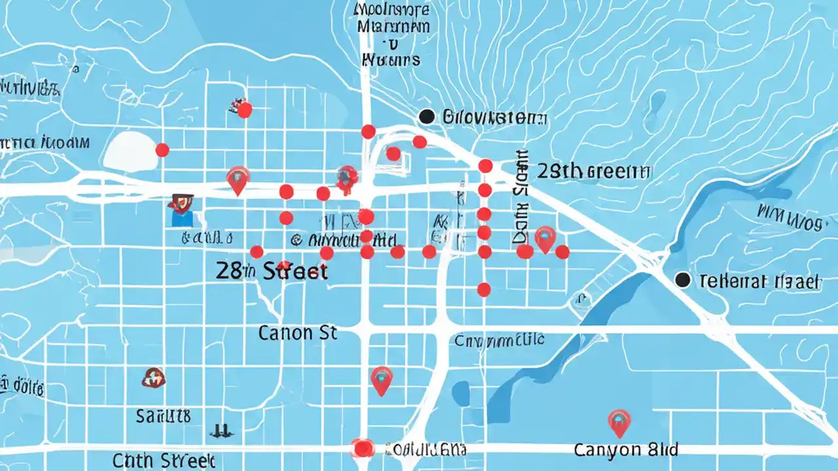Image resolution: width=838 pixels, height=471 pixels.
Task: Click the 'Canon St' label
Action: point(297,333)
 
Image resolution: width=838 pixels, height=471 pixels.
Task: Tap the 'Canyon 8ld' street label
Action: point(625,450)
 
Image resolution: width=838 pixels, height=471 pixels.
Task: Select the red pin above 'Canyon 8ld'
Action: point(619,422)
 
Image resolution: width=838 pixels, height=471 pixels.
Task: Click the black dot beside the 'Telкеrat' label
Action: point(682,280)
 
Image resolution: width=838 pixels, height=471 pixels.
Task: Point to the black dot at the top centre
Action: point(426,116)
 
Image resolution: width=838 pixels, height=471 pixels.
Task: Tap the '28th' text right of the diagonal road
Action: point(559,171)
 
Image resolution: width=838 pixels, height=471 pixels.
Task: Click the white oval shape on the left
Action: point(130,152)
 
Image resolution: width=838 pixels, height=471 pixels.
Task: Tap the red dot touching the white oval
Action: point(162,150)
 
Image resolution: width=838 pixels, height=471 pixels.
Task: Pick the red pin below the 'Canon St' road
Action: point(381,379)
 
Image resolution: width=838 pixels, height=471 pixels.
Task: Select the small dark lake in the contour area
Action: point(657,103)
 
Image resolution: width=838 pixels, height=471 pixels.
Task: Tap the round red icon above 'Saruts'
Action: point(153,377)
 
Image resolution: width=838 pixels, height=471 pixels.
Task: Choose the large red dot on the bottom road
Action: point(362,447)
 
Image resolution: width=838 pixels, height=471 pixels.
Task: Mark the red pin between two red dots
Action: point(545,239)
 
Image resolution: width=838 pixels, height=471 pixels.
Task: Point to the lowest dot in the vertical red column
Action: point(484,289)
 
